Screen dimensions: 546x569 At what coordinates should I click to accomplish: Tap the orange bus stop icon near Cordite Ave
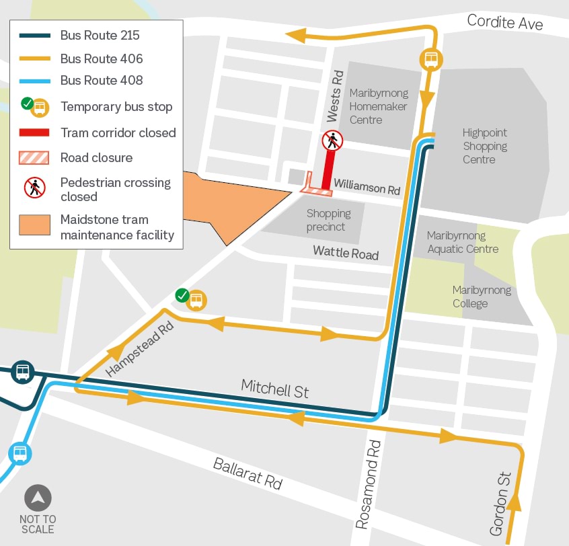[430, 59]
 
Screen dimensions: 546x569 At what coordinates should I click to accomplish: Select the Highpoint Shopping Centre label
[484, 146]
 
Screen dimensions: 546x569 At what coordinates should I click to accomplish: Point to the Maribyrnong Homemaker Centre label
[378, 106]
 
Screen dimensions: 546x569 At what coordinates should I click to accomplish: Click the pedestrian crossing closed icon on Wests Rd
[332, 141]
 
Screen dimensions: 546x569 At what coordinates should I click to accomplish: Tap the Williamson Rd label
[367, 186]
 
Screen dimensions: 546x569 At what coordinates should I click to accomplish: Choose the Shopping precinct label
[328, 220]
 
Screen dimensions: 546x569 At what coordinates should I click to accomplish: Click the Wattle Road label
[346, 253]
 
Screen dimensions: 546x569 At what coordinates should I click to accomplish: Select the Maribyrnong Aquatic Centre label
[463, 242]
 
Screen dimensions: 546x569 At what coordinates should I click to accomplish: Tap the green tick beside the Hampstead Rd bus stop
[182, 295]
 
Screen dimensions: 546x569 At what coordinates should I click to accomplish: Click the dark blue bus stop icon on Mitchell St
[23, 371]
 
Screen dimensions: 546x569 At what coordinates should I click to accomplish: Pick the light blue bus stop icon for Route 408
[20, 453]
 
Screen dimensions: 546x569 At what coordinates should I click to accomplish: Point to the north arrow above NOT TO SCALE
[38, 498]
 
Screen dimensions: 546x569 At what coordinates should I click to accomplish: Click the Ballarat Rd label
[248, 474]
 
